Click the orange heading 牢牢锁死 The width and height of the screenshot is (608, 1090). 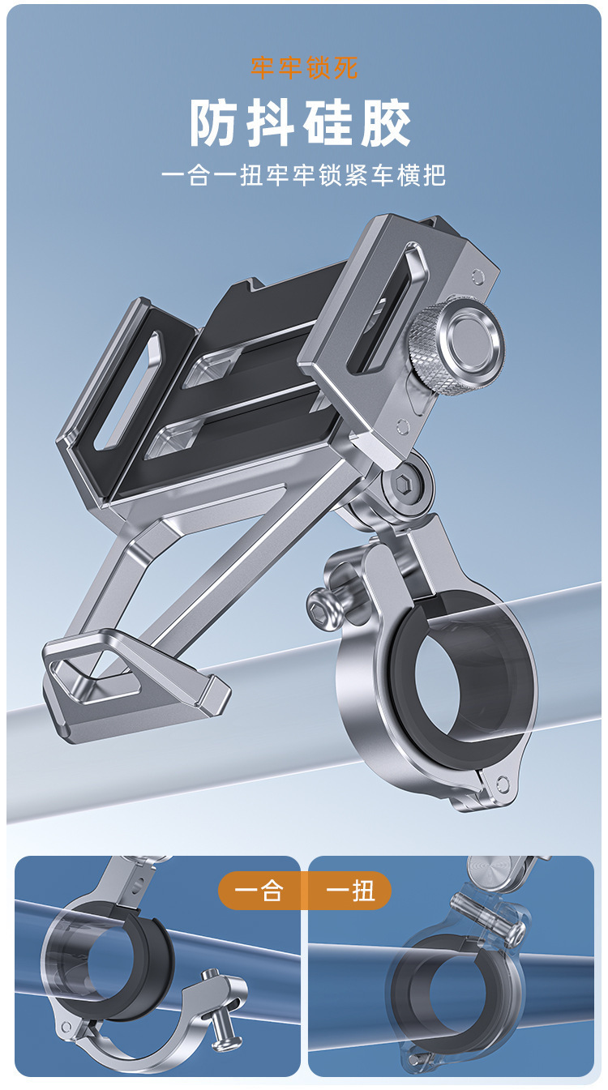[304, 67]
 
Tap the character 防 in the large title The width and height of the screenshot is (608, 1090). [214, 122]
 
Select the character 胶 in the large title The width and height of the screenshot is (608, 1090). [386, 122]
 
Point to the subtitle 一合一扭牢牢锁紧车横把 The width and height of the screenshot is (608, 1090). [304, 175]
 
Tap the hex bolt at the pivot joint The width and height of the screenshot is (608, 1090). [405, 484]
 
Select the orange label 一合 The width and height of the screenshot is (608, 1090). [259, 890]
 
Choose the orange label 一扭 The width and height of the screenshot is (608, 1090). [349, 890]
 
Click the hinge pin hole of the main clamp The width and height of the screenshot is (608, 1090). [503, 784]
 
